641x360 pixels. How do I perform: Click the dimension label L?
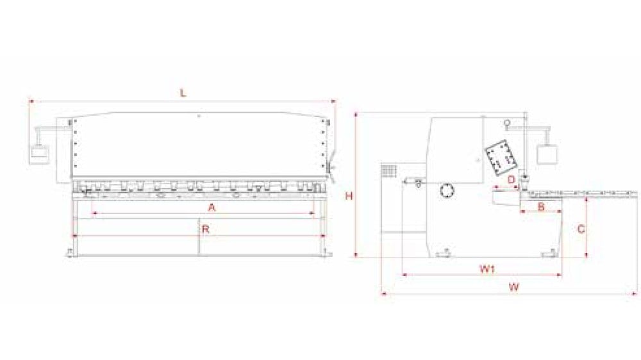tap(183, 93)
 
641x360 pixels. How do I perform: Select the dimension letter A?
tap(212, 208)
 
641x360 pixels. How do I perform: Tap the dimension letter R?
tap(206, 229)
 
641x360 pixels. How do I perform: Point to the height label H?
tap(349, 197)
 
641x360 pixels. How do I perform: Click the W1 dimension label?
tap(487, 268)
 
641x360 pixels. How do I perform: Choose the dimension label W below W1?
tap(514, 286)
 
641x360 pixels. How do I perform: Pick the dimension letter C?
tap(581, 229)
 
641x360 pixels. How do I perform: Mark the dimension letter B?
tap(541, 207)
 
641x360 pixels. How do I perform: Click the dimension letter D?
tap(511, 179)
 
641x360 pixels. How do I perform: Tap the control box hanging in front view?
tap(40, 155)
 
